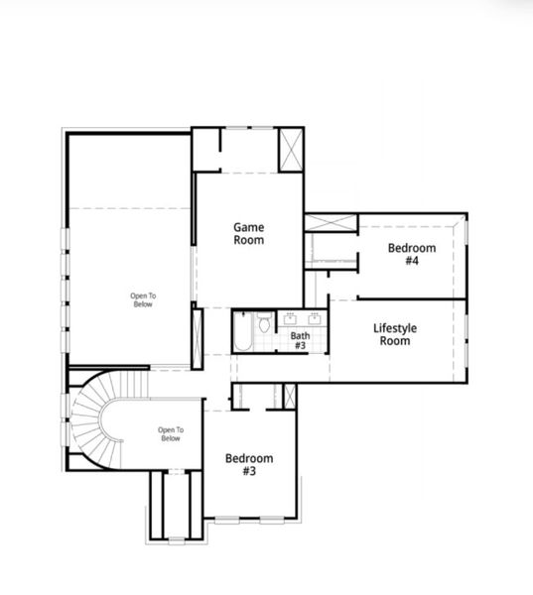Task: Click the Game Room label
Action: pos(248,234)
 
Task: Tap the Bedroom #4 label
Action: pos(411,255)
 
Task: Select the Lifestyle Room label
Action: pos(394,335)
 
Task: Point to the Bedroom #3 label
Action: pos(248,464)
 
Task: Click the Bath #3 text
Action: pos(300,341)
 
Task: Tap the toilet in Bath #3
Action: pos(264,323)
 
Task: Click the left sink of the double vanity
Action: pos(291,319)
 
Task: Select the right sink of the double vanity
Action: pos(314,319)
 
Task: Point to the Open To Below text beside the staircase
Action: pos(170,434)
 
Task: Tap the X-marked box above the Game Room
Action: pos(290,151)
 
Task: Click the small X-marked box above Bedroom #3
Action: pos(289,395)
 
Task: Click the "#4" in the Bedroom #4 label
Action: pos(411,262)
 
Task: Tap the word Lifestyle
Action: pos(394,328)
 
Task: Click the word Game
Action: pos(248,227)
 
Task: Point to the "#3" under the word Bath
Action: pos(300,347)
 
